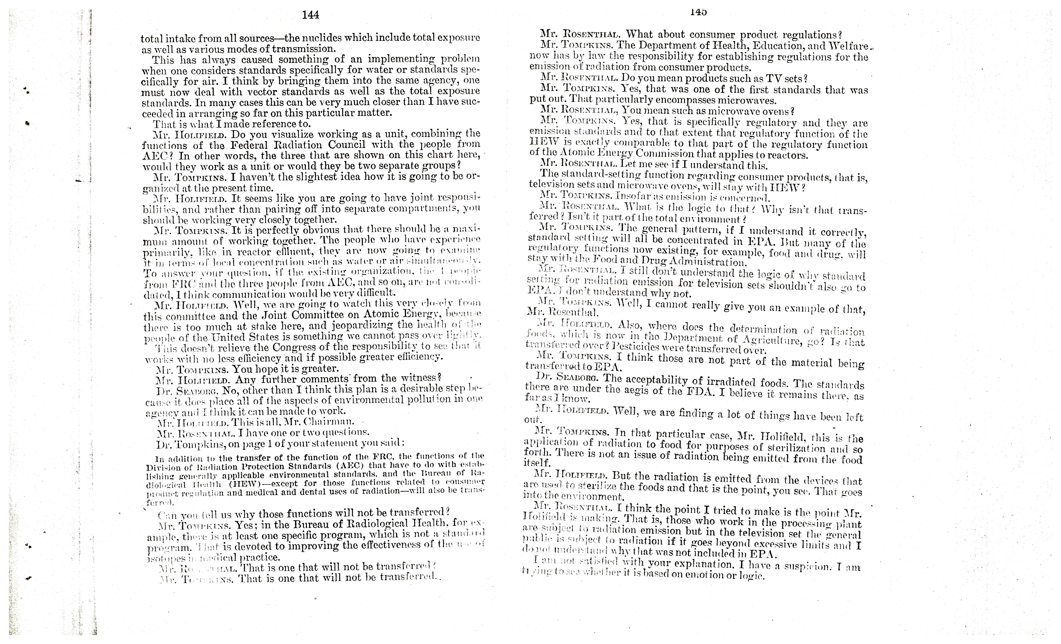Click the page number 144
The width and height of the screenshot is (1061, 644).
[310, 15]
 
